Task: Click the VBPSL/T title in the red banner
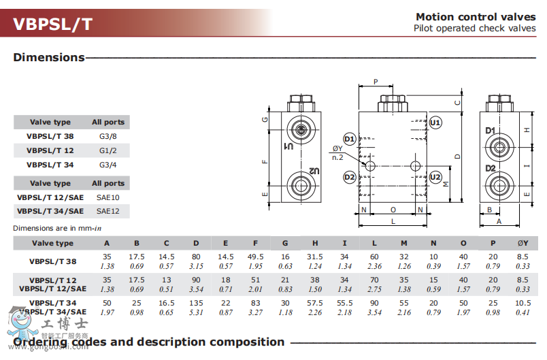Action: pyautogui.click(x=52, y=24)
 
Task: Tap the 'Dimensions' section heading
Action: pyautogui.click(x=48, y=57)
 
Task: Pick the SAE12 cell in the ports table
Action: pyautogui.click(x=107, y=211)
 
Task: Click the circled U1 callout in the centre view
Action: pyautogui.click(x=435, y=122)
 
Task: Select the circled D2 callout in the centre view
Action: pyautogui.click(x=349, y=178)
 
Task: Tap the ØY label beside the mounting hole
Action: pyautogui.click(x=337, y=149)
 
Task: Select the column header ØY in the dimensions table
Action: pyautogui.click(x=523, y=243)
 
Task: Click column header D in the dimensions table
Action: pyautogui.click(x=196, y=243)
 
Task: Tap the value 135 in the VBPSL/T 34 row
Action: pyautogui.click(x=196, y=302)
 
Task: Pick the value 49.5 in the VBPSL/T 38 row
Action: pyautogui.click(x=255, y=257)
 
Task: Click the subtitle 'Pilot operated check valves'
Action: pyautogui.click(x=474, y=29)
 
